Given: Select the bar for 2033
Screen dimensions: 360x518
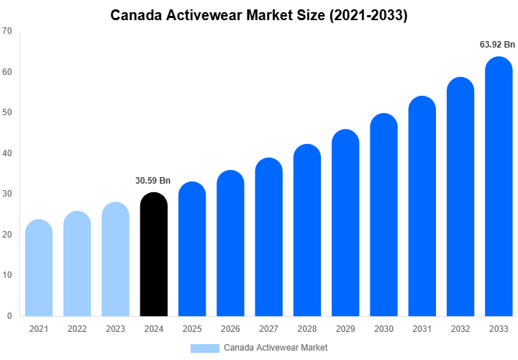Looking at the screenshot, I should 499,186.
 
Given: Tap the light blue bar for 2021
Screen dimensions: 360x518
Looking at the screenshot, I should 39,268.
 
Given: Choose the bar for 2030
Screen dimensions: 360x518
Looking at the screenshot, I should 383,215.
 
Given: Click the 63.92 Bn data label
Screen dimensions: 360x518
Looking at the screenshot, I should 498,45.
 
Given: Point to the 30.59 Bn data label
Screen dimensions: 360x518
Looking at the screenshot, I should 153,181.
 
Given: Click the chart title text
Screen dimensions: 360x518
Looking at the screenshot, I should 259,15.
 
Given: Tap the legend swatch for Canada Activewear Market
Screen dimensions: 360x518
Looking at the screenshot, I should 204,348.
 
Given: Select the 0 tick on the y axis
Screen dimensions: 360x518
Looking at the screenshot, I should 9,316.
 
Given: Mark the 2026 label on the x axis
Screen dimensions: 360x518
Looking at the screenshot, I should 230,329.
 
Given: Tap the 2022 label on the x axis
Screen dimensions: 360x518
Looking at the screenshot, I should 77,329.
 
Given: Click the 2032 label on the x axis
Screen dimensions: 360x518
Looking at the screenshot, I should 460,329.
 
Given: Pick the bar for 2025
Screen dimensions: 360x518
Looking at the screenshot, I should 192,249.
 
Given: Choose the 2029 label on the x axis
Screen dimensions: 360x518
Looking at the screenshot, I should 345,329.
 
